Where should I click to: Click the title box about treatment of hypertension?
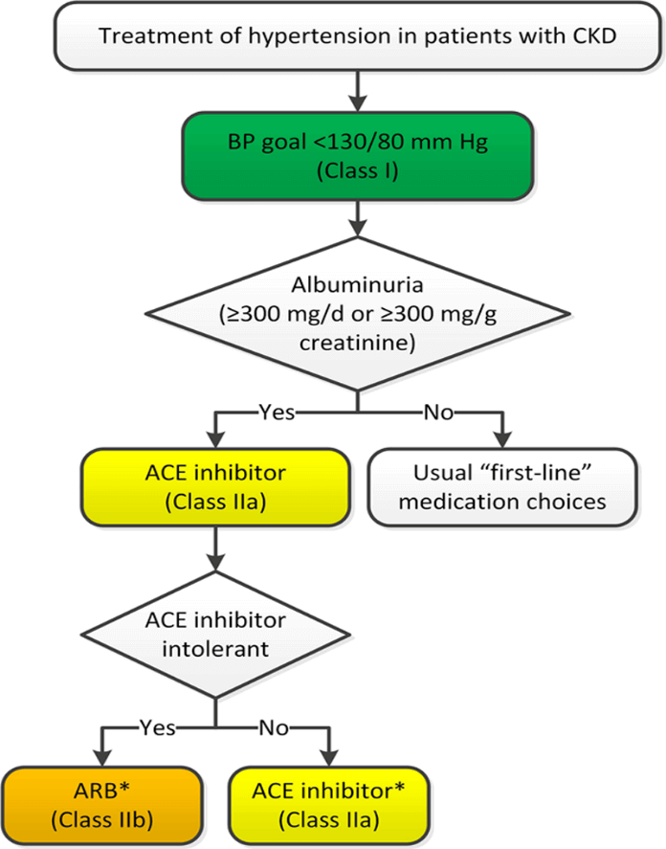pyautogui.click(x=355, y=37)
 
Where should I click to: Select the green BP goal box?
pyautogui.click(x=355, y=153)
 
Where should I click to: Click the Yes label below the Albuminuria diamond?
pyautogui.click(x=276, y=413)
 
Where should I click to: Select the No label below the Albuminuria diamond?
pyautogui.click(x=439, y=413)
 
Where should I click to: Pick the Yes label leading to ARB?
pyautogui.click(x=157, y=726)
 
